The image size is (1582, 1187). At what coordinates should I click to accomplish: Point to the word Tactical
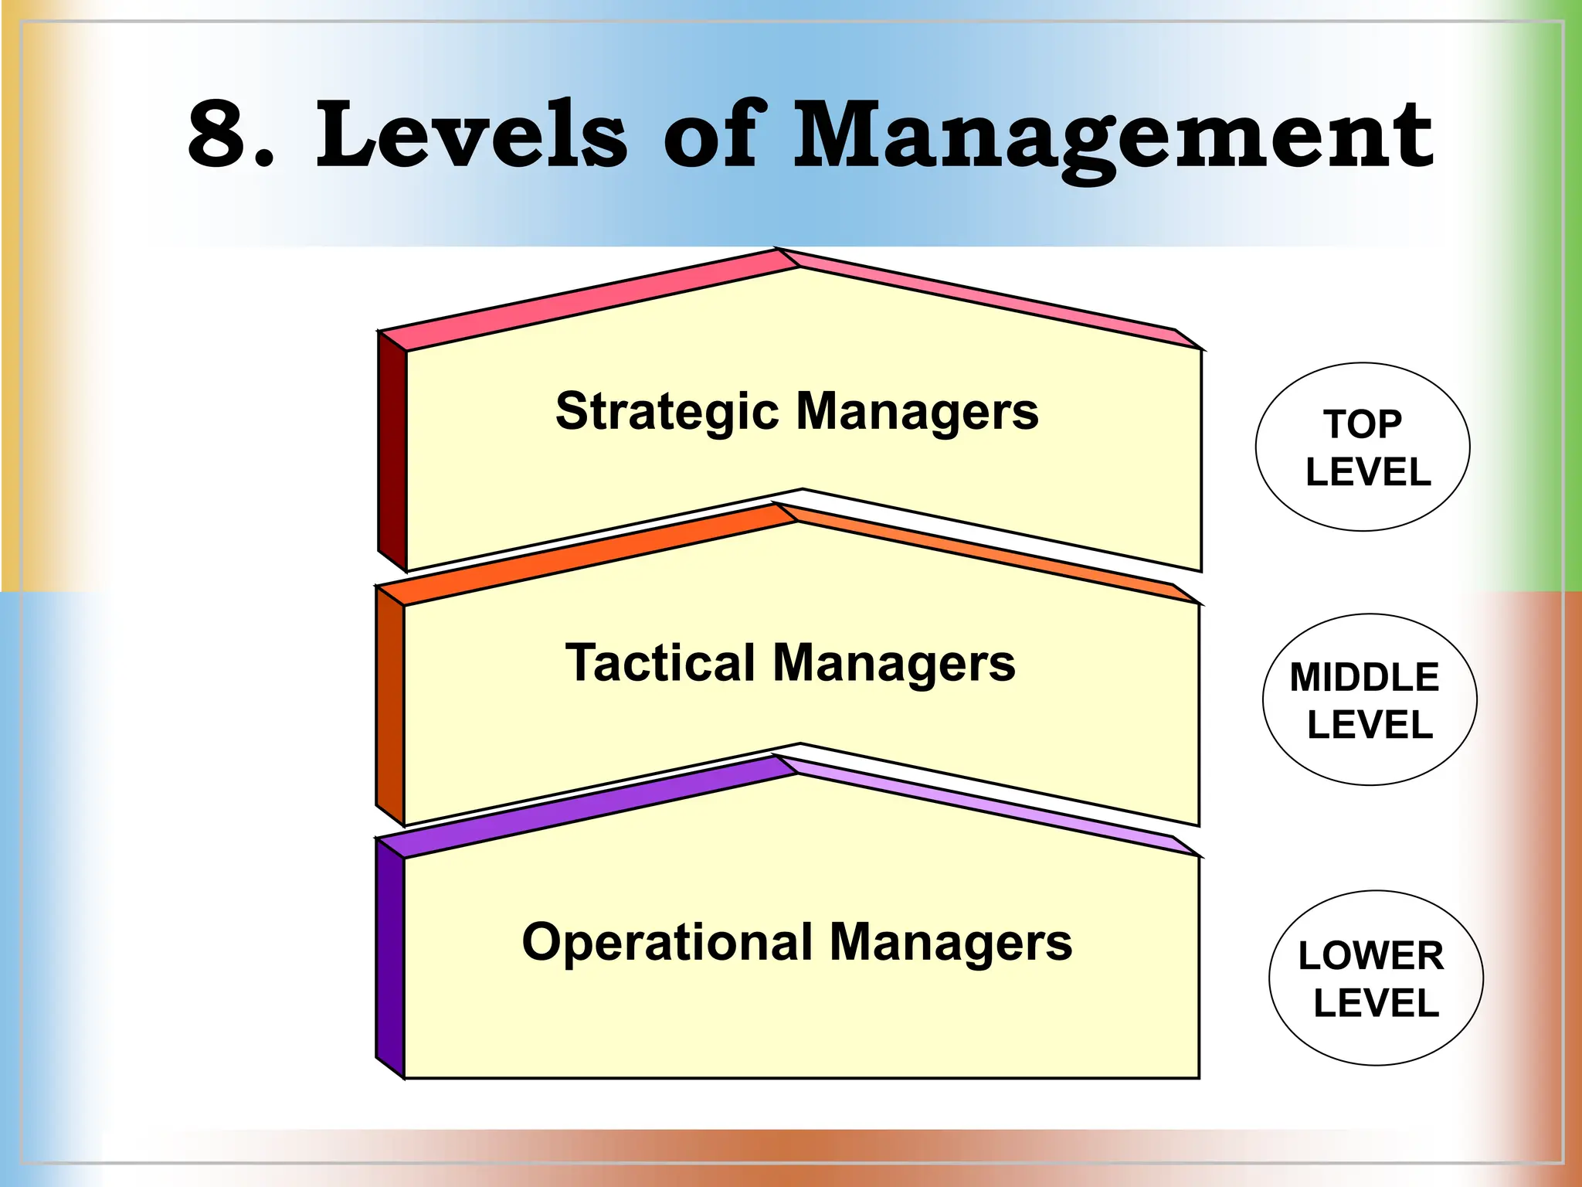[660, 663]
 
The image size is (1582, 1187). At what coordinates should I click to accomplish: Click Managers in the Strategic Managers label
[917, 412]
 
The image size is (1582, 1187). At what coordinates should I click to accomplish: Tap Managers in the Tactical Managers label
[894, 663]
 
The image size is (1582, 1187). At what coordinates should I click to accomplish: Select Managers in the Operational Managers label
[951, 943]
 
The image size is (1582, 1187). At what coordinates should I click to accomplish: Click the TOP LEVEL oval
[1363, 447]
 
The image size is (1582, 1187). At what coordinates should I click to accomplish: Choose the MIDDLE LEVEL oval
[1370, 699]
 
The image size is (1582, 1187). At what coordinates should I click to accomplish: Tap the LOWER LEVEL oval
[1376, 978]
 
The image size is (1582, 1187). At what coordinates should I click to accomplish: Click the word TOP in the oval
[1363, 424]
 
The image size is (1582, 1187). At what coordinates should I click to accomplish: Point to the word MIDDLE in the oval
[1364, 678]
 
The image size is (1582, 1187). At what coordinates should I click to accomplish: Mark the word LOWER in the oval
[1370, 956]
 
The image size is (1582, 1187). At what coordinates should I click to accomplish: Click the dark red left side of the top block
[392, 452]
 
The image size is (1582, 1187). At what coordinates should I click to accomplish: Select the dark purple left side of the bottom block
[390, 958]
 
